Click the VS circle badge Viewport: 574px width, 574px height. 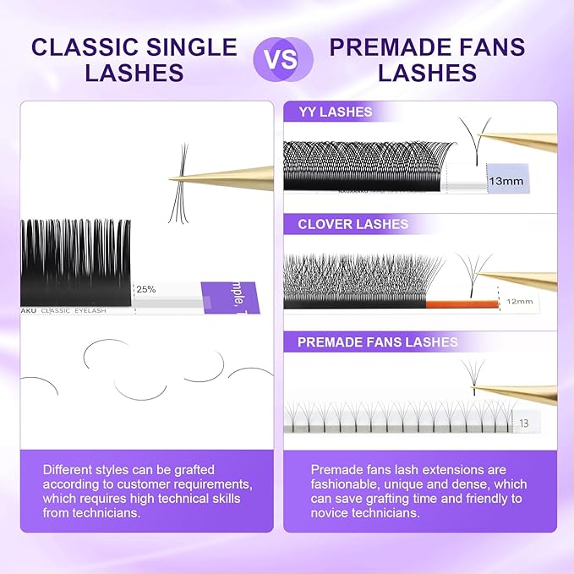coord(283,58)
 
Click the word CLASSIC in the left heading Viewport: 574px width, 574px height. coord(85,46)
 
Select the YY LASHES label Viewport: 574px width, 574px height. coord(335,111)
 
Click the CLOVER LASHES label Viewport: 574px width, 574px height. coord(353,224)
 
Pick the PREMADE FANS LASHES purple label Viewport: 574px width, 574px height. coord(377,342)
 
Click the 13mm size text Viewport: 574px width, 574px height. coord(501,180)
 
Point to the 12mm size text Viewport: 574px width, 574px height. coord(519,301)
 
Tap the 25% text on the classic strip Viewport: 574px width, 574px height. coord(146,288)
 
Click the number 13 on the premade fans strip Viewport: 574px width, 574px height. coord(525,423)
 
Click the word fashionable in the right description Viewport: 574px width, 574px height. coord(345,484)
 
